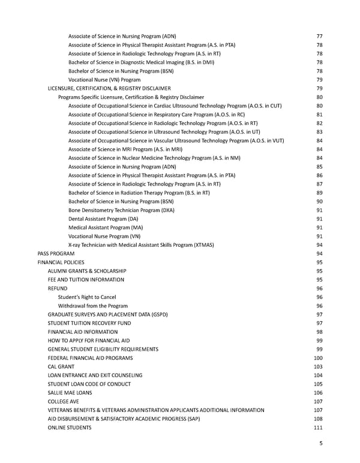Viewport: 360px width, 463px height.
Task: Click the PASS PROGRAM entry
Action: point(56,253)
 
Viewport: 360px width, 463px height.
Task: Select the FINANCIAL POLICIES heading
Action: point(61,262)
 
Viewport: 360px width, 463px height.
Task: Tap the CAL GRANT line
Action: point(61,366)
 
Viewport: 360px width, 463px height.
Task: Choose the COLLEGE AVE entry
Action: point(63,401)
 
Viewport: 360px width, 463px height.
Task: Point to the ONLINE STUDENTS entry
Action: point(70,427)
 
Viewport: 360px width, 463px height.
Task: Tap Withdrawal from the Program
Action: point(96,306)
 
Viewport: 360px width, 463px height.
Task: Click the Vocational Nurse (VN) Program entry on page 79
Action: point(104,79)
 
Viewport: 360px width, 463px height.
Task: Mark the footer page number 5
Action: point(322,444)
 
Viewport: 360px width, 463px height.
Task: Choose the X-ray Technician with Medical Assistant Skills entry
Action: point(141,245)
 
